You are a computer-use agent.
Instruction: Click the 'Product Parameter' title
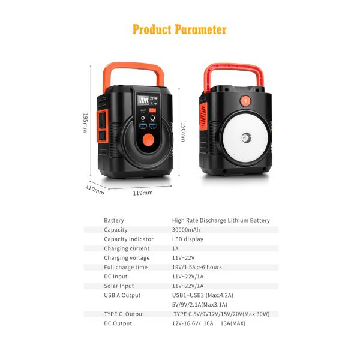pos(179,29)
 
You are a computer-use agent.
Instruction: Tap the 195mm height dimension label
pos(85,124)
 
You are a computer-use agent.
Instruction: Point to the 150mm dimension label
pos(183,133)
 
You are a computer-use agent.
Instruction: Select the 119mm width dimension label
pos(142,193)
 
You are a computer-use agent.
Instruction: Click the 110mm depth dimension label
pos(94,190)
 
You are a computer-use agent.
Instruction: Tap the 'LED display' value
pos(187,239)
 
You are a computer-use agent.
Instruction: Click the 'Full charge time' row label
pos(125,267)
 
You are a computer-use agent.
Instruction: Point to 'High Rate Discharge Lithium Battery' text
pos(221,220)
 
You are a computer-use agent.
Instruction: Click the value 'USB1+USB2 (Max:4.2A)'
pos(202,295)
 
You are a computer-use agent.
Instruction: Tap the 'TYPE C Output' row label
pos(124,314)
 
